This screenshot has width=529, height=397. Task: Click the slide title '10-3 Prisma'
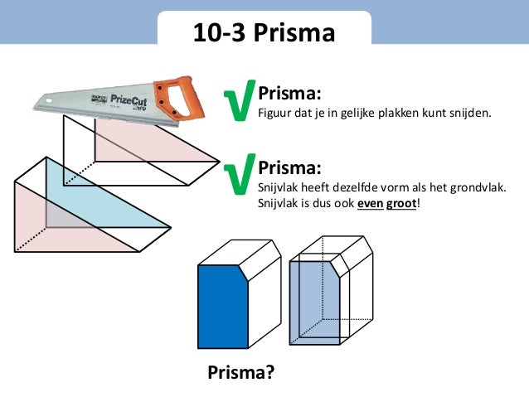coord(264,32)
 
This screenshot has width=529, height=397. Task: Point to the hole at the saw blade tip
coord(49,100)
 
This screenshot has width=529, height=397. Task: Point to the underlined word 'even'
coord(371,203)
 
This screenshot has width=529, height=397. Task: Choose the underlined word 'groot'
coord(401,204)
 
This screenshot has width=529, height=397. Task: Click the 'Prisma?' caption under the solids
coord(241,372)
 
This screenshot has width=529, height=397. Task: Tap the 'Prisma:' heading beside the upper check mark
coord(289,93)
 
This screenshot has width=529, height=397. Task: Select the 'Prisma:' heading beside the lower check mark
coord(289,167)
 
